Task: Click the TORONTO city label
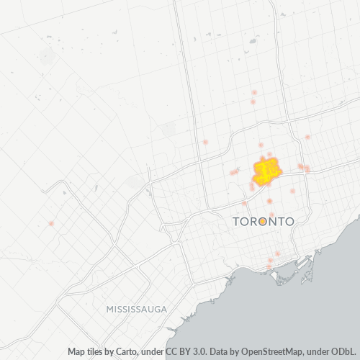point(264,222)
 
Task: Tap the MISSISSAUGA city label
point(136,308)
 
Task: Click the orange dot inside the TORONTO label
point(264,222)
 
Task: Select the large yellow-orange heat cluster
point(267,170)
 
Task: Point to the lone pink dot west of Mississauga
point(51,223)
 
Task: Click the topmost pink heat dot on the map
point(255,93)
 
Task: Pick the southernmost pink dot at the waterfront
point(269,267)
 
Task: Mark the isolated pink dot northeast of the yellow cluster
point(307,137)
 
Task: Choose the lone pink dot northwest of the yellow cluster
point(205,142)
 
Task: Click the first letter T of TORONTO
point(238,222)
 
